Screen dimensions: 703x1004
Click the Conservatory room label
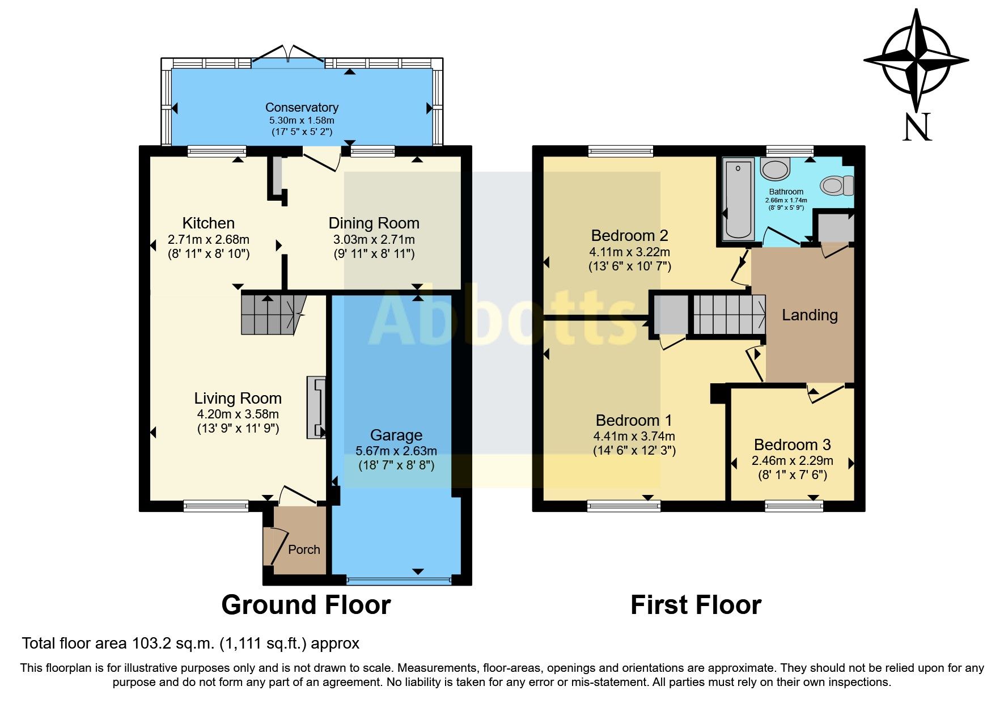click(302, 107)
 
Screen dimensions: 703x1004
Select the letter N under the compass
click(917, 128)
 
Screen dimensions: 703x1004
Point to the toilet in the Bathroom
click(837, 185)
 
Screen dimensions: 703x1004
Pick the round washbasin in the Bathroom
click(774, 169)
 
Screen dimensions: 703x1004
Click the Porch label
click(304, 549)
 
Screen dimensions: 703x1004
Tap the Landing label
click(810, 315)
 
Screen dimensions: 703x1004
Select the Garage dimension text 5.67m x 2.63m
click(396, 451)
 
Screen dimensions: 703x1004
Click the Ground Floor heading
click(306, 605)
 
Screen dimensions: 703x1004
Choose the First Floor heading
click(696, 605)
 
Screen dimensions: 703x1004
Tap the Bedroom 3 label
click(792, 444)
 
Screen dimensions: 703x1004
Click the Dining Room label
click(374, 223)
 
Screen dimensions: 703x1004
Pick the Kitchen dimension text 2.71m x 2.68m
click(208, 239)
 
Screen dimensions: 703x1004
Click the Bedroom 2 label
click(629, 235)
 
